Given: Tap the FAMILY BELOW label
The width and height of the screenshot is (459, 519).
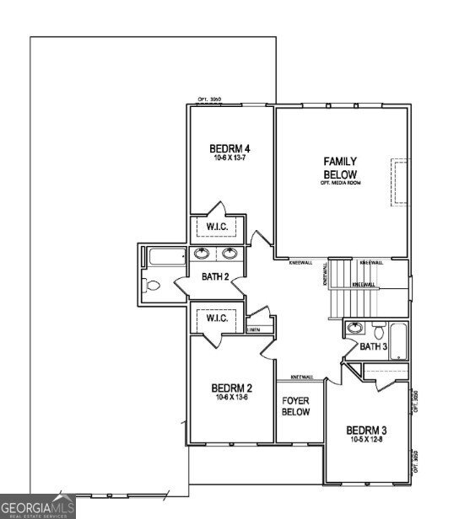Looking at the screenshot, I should point(341,168).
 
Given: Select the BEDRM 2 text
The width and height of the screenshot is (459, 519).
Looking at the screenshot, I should point(229,388).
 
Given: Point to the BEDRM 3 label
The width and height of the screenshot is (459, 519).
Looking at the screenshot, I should point(366,429).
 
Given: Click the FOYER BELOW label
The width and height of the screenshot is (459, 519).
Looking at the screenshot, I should point(295,407).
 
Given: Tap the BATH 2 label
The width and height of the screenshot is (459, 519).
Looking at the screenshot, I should point(215,276).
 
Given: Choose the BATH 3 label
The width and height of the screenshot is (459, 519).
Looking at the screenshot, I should point(373,346).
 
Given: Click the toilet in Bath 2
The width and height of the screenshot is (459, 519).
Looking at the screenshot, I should point(153,286).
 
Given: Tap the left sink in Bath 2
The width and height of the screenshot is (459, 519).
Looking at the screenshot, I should point(202,254).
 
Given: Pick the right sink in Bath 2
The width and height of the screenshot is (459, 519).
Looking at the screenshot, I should point(229,254).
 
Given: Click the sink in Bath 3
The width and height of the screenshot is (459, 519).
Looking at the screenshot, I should point(355,329).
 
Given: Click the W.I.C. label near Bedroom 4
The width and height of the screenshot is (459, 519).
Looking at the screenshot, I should point(217,226).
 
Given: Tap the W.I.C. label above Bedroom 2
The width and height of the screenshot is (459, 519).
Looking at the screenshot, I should point(217,318).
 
